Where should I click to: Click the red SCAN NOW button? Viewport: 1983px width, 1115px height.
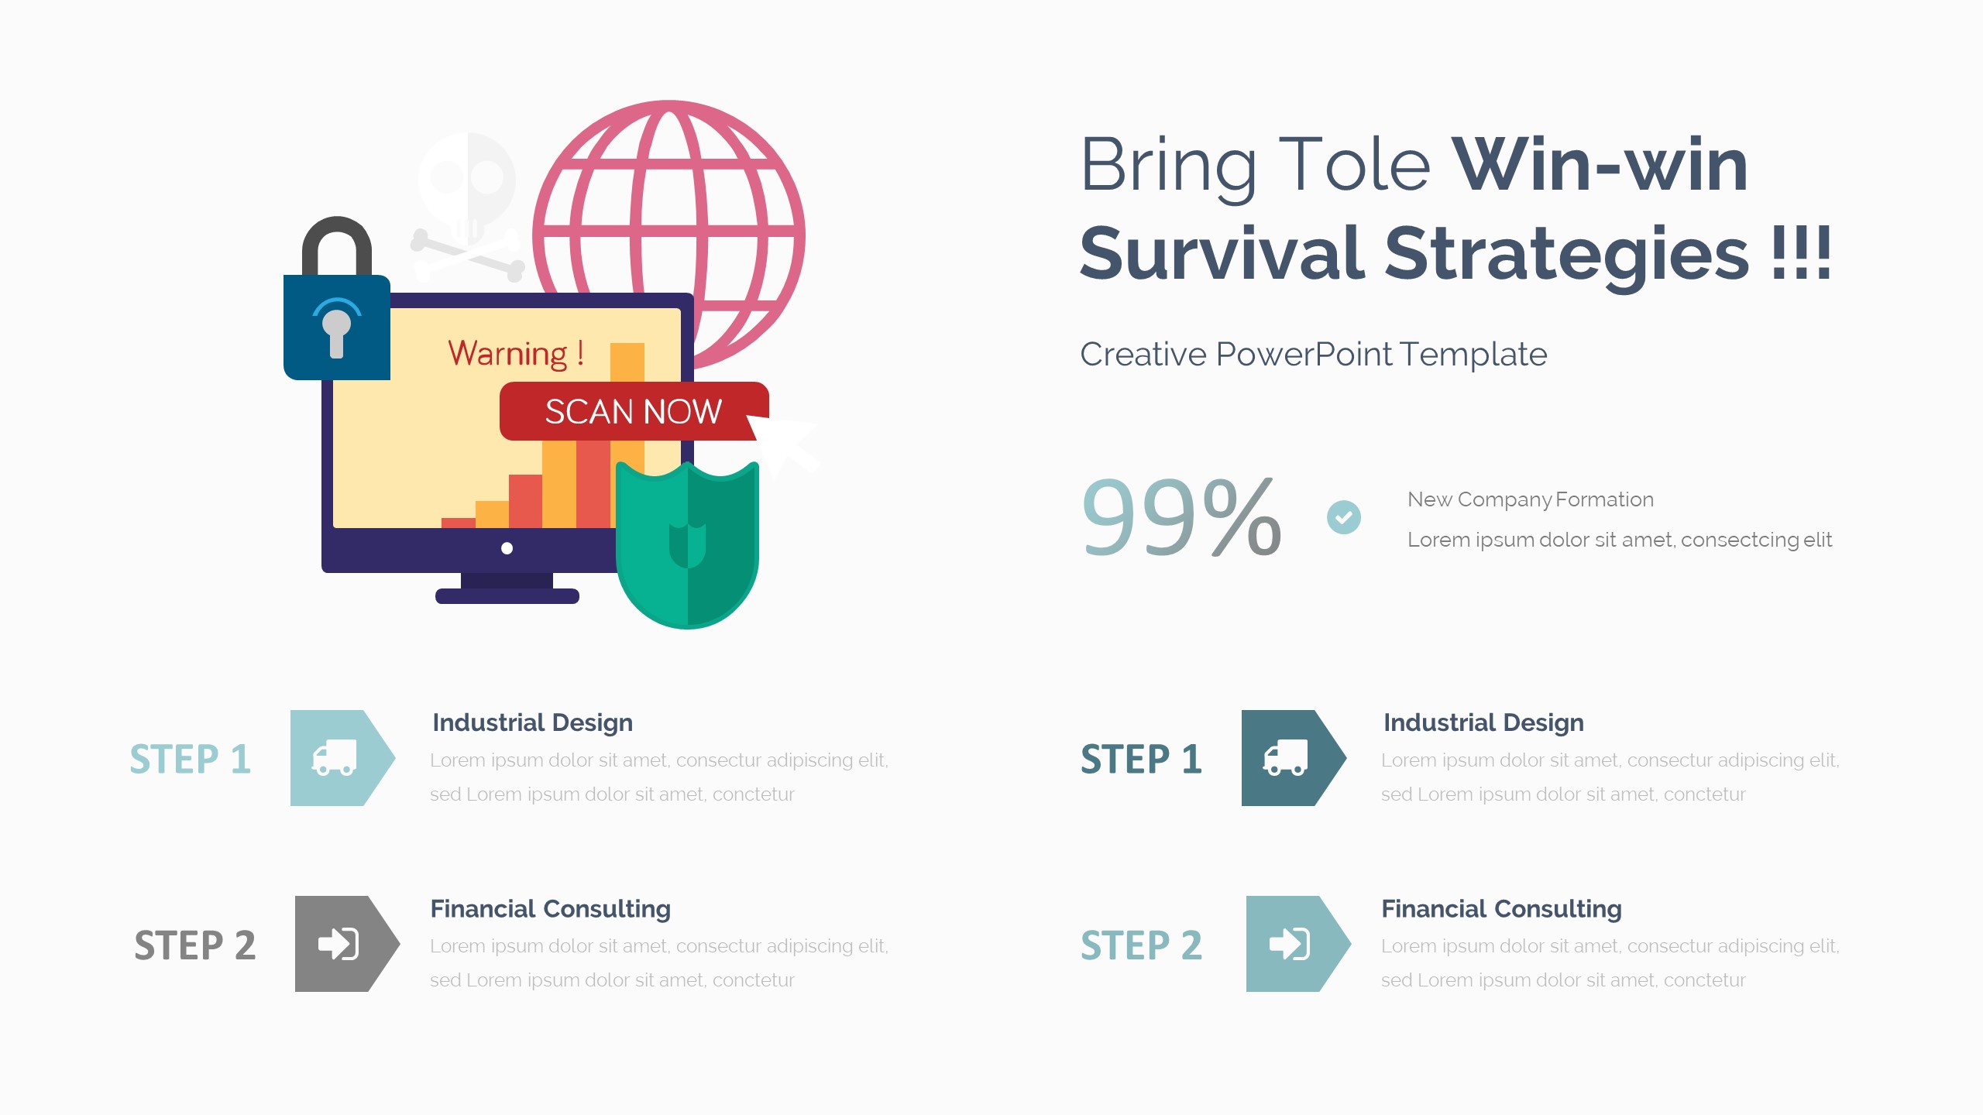tap(634, 411)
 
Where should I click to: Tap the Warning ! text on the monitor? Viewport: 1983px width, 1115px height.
tap(516, 354)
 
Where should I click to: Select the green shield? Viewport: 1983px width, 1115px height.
tap(687, 544)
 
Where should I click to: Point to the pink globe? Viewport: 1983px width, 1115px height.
tap(669, 232)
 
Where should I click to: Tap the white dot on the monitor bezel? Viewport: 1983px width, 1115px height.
tap(507, 548)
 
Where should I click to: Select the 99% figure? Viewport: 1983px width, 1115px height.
tap(1181, 517)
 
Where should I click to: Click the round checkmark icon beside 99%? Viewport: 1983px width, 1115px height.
tap(1344, 517)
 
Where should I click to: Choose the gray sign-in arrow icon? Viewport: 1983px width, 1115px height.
tap(347, 944)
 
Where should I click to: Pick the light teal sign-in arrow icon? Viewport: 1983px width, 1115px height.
tap(1298, 944)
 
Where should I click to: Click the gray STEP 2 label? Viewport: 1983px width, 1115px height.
tap(194, 945)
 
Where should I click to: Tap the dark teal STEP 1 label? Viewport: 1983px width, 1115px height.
tap(1141, 760)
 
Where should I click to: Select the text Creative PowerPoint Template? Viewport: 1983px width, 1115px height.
tap(1314, 355)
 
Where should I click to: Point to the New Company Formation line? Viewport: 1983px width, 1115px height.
tap(1531, 499)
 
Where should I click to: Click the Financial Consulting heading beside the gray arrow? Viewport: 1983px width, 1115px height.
tap(551, 909)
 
